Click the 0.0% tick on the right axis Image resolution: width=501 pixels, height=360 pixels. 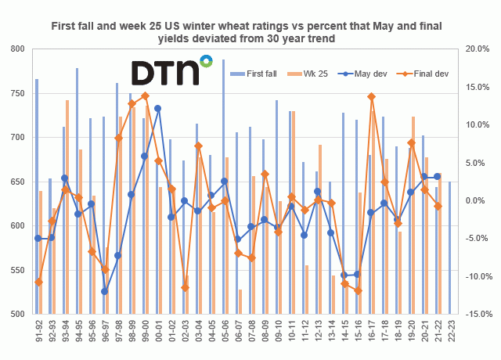[478, 201]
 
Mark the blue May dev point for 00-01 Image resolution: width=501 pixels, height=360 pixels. [158, 109]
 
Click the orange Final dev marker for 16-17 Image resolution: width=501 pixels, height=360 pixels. [371, 97]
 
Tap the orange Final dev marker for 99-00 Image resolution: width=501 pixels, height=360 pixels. [145, 96]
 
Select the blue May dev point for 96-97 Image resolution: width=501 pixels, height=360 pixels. [105, 291]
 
